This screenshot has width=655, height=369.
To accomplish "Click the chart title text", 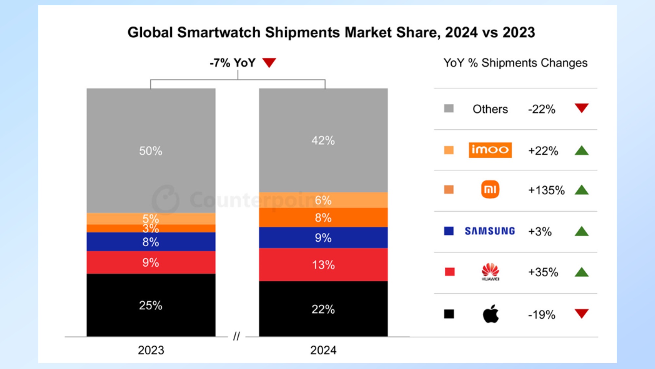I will [331, 32].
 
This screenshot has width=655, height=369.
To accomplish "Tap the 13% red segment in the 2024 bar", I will [323, 264].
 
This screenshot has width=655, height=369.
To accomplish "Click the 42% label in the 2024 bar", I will [323, 140].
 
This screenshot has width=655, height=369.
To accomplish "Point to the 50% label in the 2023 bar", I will [151, 151].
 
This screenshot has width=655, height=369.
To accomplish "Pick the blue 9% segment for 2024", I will [323, 237].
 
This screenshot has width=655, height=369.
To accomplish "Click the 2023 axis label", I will [151, 350].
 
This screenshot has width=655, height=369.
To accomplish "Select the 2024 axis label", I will [323, 350].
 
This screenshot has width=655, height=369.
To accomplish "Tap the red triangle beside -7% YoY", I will [269, 62].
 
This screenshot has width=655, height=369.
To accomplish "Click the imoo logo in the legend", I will [490, 150].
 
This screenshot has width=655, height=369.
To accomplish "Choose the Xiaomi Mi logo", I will [490, 189].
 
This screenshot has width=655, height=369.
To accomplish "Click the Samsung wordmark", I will [490, 231].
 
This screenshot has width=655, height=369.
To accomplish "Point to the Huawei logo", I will [490, 272].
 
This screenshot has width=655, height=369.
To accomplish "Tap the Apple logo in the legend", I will [491, 314].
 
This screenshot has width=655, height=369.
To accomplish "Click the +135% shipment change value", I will [546, 190].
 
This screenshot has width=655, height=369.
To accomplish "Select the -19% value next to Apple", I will [542, 315].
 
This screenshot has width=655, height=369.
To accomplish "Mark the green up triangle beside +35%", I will [582, 272].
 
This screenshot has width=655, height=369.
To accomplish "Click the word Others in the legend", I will [490, 109].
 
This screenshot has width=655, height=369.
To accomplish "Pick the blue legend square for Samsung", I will [449, 231].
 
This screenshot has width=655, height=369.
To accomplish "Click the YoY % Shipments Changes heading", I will [515, 63].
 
